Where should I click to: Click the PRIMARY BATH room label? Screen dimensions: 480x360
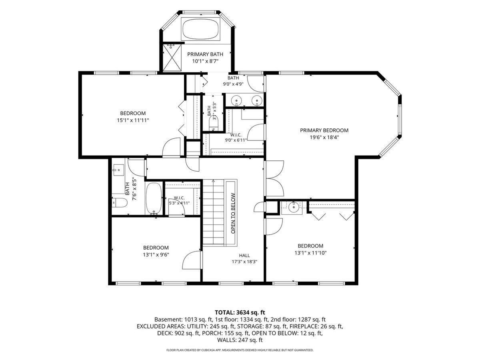(x=205, y=54)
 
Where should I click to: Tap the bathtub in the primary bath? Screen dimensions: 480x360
(x=200, y=29)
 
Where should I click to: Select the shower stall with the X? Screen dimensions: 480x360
(x=172, y=58)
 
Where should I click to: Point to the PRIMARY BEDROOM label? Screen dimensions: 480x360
(x=324, y=130)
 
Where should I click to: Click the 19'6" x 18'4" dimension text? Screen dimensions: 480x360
(x=324, y=138)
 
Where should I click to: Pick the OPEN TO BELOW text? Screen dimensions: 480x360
(x=233, y=213)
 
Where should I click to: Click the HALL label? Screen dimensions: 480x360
(x=244, y=255)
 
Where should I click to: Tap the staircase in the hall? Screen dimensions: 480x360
(x=214, y=212)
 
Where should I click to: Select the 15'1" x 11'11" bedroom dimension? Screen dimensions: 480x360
(x=133, y=120)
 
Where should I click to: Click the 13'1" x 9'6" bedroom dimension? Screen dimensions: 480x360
(x=156, y=255)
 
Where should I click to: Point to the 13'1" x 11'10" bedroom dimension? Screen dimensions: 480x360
(x=310, y=253)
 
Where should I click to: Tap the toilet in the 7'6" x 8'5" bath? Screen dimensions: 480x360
(x=119, y=203)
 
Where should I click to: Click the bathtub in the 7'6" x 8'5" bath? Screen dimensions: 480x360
(x=154, y=199)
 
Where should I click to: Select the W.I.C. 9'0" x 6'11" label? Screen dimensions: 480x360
(x=236, y=138)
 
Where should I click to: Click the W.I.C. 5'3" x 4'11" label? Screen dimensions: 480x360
(x=179, y=200)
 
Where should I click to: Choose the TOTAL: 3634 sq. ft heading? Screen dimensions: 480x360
(x=240, y=312)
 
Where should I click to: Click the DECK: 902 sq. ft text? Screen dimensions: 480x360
(x=178, y=333)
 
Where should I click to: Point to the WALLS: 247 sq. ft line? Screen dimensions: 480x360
(x=240, y=340)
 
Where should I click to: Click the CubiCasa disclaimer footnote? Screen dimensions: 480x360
(x=240, y=350)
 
